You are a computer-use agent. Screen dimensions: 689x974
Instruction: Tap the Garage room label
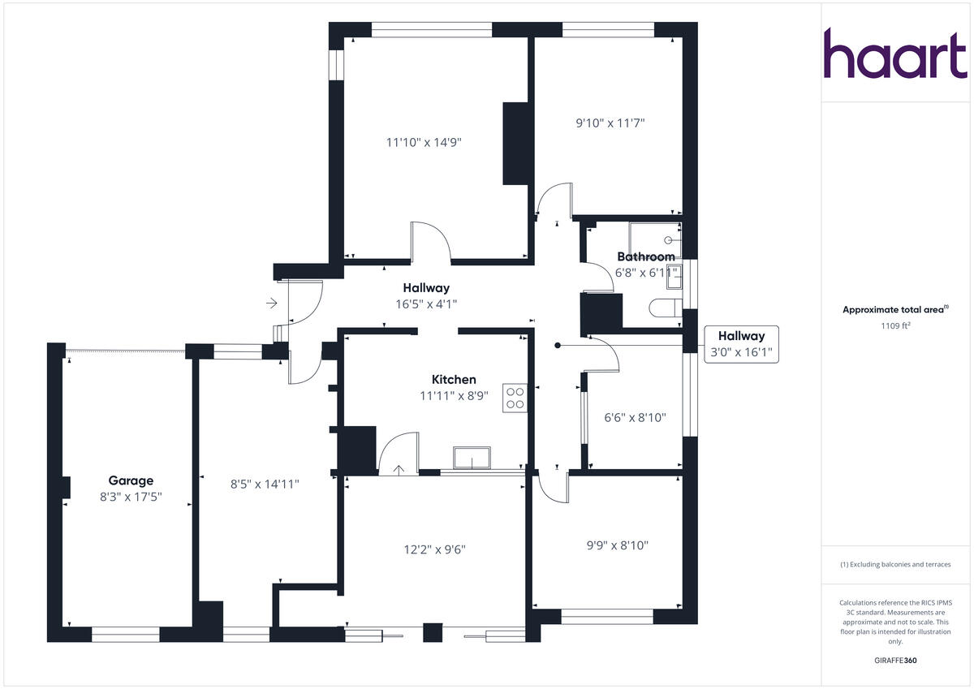[x=131, y=480]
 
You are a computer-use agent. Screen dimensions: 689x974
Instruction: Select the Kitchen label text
[x=454, y=380]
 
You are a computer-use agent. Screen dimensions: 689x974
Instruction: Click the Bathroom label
[x=646, y=256]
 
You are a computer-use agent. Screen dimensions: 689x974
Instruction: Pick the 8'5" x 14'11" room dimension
[x=266, y=484]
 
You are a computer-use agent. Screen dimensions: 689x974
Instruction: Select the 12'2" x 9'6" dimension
[x=434, y=549]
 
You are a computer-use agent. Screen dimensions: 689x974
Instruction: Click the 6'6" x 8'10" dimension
[x=635, y=418]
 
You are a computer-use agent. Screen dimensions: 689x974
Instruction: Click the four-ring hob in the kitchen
[x=515, y=398]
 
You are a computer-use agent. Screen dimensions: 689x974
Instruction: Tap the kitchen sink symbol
[x=472, y=458]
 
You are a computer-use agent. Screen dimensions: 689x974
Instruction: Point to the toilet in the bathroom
[x=668, y=308]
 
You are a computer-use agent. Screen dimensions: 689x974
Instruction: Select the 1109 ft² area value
[x=895, y=325]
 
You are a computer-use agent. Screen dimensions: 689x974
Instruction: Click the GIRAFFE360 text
[x=895, y=661]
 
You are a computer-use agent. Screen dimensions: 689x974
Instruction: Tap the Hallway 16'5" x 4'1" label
[x=426, y=295]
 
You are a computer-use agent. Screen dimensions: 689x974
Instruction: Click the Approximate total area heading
[x=895, y=309]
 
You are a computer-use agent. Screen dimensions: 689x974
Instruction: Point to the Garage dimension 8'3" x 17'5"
[x=131, y=496]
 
